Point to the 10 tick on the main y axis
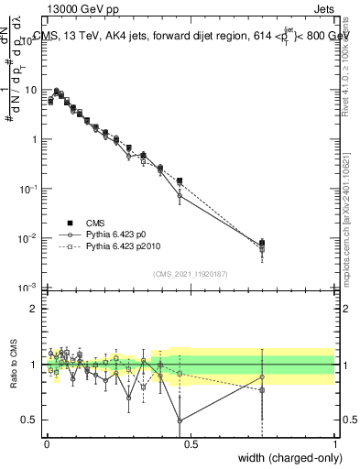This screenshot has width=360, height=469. click(x=31, y=90)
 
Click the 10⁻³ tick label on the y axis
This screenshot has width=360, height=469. click(x=29, y=288)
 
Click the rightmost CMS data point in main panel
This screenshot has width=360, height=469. click(x=263, y=243)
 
